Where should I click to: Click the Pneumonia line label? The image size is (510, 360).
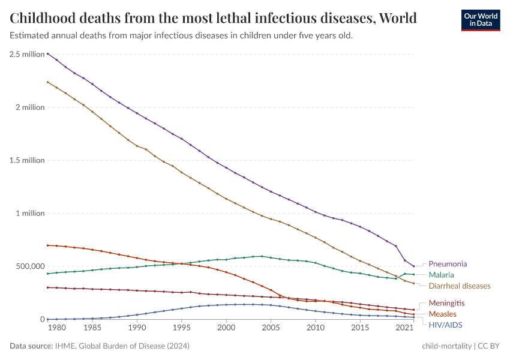[448, 263]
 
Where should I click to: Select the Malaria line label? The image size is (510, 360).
[441, 275]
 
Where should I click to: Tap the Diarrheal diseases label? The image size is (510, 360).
[459, 286]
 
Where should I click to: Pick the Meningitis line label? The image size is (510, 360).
[446, 303]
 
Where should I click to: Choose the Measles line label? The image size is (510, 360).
[442, 314]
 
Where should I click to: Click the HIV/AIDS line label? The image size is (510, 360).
[445, 325]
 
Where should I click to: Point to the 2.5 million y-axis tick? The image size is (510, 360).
[27, 54]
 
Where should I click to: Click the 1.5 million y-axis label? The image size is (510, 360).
[27, 160]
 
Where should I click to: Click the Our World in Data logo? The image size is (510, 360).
[480, 19]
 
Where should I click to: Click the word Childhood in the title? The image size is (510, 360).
[45, 17]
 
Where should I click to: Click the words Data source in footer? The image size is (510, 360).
[31, 346]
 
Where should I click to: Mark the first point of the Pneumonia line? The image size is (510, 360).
[48, 54]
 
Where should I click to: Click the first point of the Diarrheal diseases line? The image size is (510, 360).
[48, 82]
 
